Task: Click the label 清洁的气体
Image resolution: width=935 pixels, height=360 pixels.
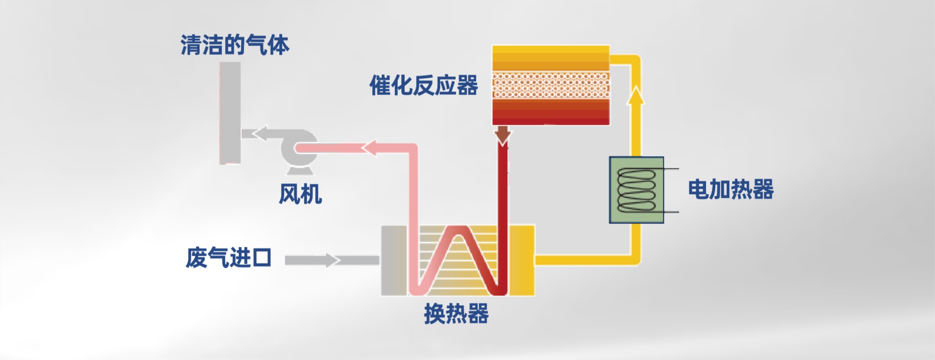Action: pos(235,45)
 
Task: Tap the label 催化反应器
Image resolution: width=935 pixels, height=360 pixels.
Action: pos(424,86)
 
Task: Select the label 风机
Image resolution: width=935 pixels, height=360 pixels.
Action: pos(300,194)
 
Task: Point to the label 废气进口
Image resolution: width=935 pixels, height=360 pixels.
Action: pos(229,258)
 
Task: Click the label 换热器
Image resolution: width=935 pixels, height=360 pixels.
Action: pos(456,314)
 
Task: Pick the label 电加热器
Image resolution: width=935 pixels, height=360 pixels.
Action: pos(731,189)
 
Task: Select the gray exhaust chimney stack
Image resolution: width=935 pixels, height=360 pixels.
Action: pos(230,112)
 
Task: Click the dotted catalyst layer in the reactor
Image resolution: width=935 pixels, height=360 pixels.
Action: pos(551,85)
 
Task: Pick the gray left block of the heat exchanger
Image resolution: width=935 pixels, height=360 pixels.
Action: pos(394,260)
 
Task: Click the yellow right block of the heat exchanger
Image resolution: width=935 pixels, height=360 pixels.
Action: pos(522,260)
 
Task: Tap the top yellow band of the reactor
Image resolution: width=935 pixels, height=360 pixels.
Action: pos(551,51)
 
